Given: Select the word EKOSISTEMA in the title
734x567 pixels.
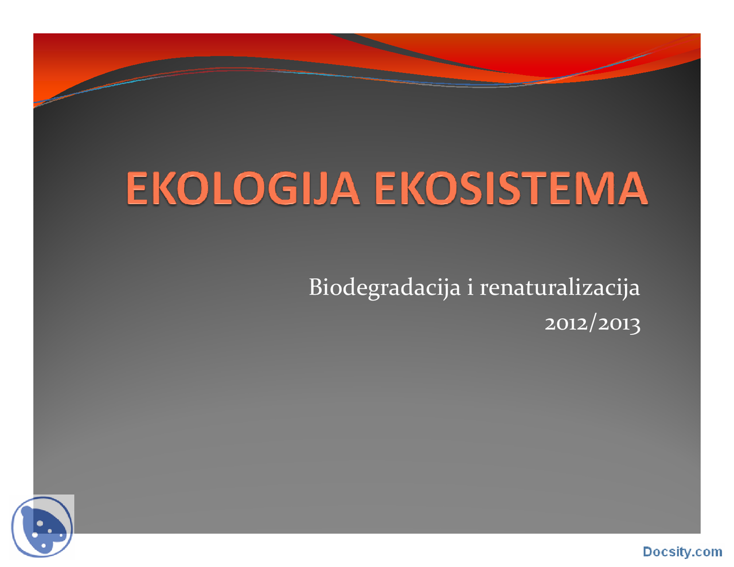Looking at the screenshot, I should (x=511, y=189).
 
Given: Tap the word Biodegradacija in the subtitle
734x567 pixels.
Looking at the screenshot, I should (x=384, y=287).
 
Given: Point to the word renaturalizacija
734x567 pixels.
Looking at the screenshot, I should (x=559, y=287).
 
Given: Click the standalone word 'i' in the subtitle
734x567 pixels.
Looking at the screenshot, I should (x=470, y=287).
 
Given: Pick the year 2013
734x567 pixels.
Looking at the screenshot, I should (x=619, y=324).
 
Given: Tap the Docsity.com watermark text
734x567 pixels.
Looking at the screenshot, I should (x=682, y=552).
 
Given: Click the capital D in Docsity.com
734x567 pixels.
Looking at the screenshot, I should (x=648, y=552).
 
